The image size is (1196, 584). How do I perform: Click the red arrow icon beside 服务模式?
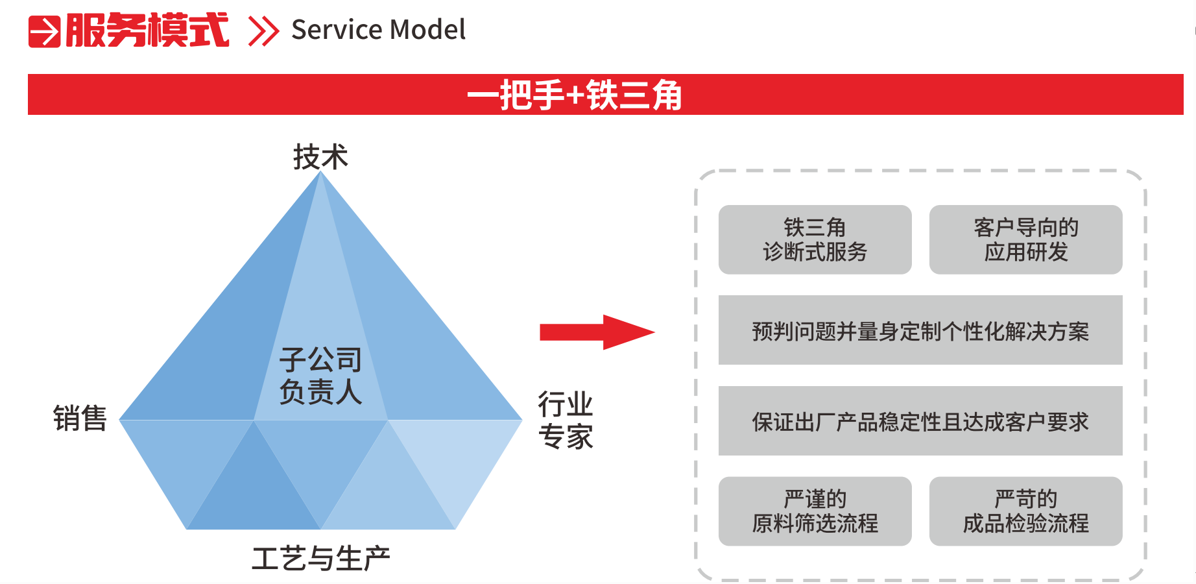(44, 31)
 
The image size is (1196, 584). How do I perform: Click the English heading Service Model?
(378, 30)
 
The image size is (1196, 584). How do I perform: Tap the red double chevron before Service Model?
(263, 31)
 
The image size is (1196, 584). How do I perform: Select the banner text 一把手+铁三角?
(575, 95)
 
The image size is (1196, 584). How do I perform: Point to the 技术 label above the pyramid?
(320, 157)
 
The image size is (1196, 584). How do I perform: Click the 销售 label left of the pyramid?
(80, 418)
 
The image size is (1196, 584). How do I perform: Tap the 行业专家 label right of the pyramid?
(566, 420)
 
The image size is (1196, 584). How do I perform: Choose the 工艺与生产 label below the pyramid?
(320, 558)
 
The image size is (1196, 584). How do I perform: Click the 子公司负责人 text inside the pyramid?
(320, 376)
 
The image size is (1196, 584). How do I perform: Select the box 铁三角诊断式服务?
(815, 239)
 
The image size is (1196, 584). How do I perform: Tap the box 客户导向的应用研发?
(1025, 239)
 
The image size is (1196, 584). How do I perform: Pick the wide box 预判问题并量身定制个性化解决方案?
(920, 330)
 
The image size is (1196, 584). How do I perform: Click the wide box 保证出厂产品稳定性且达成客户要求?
(920, 421)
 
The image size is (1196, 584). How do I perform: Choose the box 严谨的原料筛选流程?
(815, 511)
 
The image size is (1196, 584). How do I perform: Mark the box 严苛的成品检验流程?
(1025, 511)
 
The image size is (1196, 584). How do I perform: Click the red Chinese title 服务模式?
(147, 30)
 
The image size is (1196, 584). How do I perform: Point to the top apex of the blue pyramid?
(320, 174)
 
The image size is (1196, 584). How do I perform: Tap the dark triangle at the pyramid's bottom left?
(253, 493)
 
